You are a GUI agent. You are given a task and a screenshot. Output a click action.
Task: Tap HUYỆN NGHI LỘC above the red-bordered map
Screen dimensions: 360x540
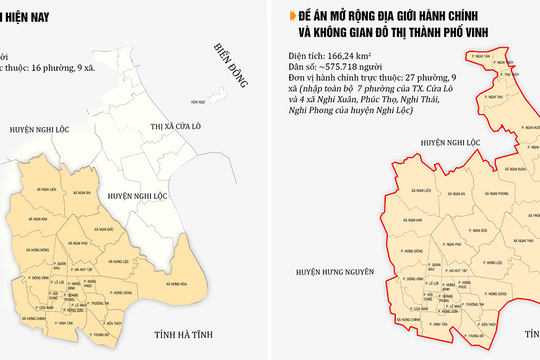tap(415, 143)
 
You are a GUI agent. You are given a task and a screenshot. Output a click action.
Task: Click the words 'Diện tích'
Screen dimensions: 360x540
tap(300, 58)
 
